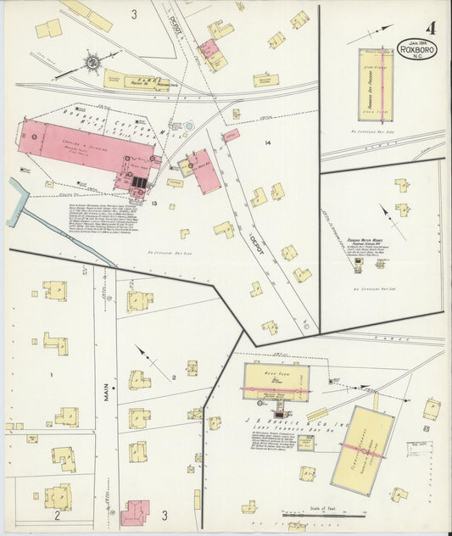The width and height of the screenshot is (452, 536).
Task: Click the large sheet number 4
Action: (x=432, y=29)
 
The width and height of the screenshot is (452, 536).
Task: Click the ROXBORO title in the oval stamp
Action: (x=418, y=48)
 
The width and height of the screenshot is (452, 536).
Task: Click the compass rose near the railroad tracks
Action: (x=92, y=61)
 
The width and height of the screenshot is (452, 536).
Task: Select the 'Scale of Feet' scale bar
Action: (x=323, y=513)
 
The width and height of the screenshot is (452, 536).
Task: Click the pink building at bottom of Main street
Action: (x=135, y=512)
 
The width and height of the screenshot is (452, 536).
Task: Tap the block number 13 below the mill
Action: (x=154, y=203)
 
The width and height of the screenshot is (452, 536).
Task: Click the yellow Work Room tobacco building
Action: (x=276, y=382)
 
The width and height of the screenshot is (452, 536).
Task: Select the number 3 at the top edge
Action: (x=133, y=14)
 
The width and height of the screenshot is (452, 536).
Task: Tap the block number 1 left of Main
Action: (x=51, y=374)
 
